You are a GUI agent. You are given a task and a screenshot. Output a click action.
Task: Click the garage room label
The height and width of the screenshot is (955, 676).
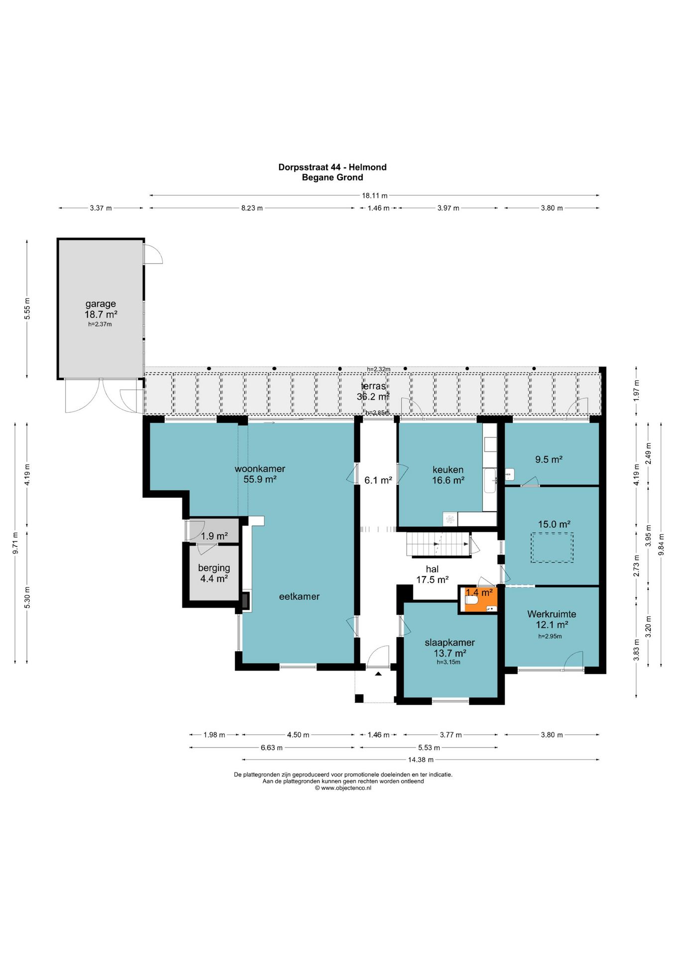101,304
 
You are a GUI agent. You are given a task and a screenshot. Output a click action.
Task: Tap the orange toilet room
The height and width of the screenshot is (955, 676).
478,599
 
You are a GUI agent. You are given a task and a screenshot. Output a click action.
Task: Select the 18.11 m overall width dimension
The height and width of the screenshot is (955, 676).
374,195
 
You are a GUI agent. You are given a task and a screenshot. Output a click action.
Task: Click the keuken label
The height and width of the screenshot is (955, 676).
448,470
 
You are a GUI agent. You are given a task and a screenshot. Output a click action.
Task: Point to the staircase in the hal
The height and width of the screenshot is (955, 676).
438,544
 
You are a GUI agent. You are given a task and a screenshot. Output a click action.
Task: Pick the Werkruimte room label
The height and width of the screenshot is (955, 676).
552,614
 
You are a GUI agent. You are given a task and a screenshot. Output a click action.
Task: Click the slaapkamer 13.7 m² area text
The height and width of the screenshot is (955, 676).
450,653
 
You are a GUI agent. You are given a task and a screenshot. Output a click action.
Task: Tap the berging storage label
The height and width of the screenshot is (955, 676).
214,568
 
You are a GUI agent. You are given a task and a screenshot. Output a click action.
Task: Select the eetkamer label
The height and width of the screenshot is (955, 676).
299,596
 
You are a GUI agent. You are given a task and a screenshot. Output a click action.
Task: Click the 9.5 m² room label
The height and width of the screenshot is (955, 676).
549,460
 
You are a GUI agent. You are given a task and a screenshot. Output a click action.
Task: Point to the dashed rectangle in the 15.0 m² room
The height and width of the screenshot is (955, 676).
552,548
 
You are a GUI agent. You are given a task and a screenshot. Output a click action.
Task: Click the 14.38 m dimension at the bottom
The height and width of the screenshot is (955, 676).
421,760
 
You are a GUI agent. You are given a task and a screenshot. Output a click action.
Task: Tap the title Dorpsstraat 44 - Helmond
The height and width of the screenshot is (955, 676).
333,167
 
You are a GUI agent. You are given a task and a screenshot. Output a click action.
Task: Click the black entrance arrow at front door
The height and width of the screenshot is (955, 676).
378,673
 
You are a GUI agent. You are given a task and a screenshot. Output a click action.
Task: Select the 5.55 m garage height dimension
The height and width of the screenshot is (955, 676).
27,308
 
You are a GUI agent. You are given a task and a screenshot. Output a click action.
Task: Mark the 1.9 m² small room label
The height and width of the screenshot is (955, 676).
214,536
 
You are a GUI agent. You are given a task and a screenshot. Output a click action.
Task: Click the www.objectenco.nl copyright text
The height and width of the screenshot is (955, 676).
343,788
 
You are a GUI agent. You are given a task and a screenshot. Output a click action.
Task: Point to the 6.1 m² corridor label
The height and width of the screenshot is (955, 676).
378,480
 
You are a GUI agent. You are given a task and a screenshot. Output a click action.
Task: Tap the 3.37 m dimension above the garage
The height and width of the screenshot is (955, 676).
101,208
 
